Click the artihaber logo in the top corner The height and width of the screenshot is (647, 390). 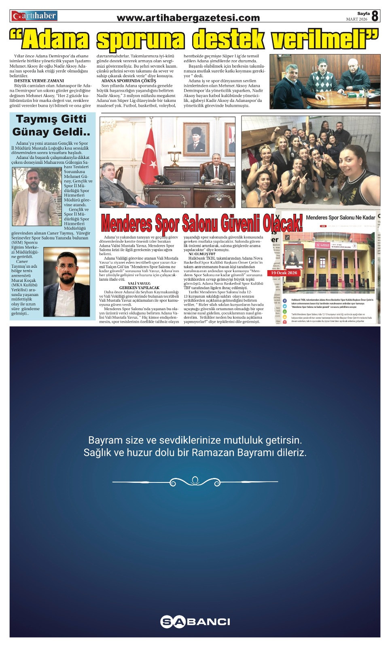(34, 16)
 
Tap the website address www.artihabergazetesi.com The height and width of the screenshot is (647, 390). (188, 18)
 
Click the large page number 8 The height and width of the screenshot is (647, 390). (375, 16)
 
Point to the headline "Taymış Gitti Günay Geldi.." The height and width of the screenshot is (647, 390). (51, 125)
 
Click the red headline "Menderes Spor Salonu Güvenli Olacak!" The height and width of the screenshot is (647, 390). (201, 223)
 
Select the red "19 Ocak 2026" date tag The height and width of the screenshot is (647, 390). (284, 273)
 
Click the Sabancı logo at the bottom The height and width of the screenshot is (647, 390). (195, 622)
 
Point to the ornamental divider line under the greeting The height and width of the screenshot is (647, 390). (195, 482)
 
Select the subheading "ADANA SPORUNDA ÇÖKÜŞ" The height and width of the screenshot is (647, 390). (129, 81)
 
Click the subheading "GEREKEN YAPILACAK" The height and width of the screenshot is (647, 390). (139, 288)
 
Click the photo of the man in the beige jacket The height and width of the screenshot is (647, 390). (36, 197)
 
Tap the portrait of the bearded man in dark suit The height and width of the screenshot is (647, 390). (66, 282)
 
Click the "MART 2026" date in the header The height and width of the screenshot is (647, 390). (356, 19)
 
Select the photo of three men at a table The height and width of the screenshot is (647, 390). (325, 81)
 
